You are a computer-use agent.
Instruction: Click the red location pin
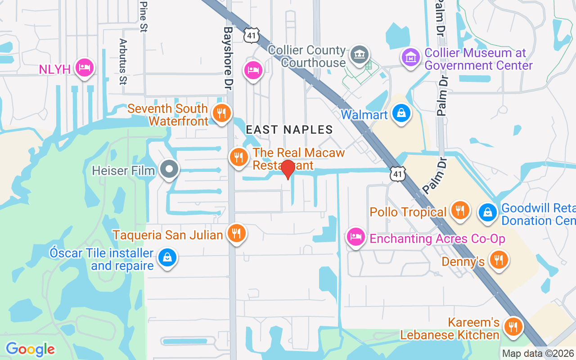(x=288, y=169)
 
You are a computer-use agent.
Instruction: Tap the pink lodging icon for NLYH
(x=84, y=68)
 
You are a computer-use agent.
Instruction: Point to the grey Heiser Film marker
(x=170, y=170)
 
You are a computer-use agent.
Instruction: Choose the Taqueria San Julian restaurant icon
(x=236, y=233)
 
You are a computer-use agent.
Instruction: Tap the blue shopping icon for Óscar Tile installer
(x=167, y=258)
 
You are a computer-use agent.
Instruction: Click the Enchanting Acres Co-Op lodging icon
(x=356, y=237)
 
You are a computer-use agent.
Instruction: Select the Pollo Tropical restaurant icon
(x=460, y=210)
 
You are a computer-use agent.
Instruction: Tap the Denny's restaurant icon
(x=498, y=260)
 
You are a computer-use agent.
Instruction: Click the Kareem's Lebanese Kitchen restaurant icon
(x=513, y=327)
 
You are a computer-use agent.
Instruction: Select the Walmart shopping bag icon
(x=400, y=113)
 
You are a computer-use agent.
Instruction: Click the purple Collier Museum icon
(x=410, y=58)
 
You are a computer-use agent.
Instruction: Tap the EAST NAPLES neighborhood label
(x=289, y=130)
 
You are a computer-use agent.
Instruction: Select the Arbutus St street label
(x=122, y=61)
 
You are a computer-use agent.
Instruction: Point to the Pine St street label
(x=144, y=16)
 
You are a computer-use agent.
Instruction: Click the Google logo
(x=30, y=349)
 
